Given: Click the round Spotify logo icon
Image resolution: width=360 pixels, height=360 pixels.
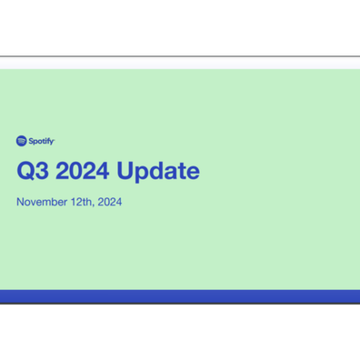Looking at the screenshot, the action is click(22, 141).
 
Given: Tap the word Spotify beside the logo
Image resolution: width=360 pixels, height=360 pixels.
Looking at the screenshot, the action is click(42, 141).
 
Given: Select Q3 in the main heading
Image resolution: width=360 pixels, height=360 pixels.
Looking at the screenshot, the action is click(33, 171).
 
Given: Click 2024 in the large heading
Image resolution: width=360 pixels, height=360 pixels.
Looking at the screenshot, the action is click(83, 171).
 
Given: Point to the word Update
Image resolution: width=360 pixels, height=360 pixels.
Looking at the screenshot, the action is click(158, 171).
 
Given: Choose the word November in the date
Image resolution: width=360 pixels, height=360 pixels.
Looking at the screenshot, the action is click(42, 202).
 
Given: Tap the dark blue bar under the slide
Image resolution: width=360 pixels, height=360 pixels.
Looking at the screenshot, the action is click(180, 296).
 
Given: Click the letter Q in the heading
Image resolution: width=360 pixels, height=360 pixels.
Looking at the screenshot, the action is click(25, 171).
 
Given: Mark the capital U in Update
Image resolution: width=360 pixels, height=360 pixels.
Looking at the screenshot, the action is click(125, 171).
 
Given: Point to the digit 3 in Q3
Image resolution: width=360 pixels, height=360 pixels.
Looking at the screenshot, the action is click(42, 171).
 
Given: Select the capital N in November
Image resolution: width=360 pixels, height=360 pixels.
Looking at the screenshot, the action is click(20, 202).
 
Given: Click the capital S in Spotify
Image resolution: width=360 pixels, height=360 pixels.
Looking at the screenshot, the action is click(31, 141).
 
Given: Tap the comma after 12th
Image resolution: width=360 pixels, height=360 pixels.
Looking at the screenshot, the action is click(93, 205).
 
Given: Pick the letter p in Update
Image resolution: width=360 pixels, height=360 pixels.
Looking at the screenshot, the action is click(142, 174).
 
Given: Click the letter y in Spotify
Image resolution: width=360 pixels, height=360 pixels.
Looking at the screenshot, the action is click(52, 142).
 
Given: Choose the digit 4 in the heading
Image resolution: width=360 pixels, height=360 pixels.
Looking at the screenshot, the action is click(103, 171).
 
